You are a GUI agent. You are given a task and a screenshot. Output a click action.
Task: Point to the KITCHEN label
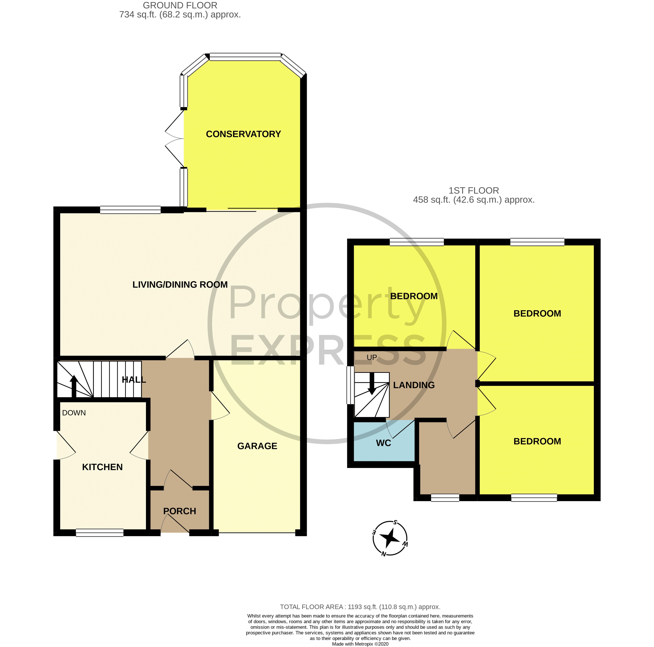tap(102, 467)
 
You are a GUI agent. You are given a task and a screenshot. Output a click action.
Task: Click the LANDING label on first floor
tap(414, 385)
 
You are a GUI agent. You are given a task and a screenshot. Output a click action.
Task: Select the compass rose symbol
tap(390, 538)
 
